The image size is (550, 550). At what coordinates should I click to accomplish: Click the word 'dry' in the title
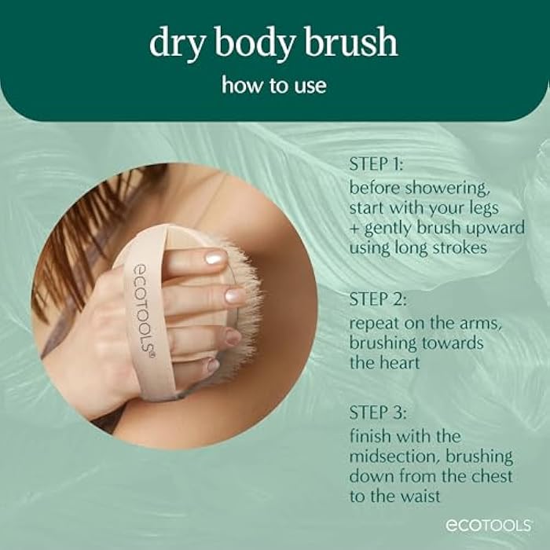[x=173, y=44]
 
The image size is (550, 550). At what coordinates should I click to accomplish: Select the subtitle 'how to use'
[x=274, y=84]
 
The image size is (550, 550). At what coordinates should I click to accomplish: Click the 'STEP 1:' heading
[x=378, y=166]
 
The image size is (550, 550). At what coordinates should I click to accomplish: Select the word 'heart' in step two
[x=398, y=363]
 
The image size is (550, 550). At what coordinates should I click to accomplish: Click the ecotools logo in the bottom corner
[x=489, y=526]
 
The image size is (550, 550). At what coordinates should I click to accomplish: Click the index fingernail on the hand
[x=214, y=258]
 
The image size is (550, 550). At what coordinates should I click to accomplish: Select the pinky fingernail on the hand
[x=213, y=365]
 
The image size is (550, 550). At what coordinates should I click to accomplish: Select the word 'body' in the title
[x=255, y=44]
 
